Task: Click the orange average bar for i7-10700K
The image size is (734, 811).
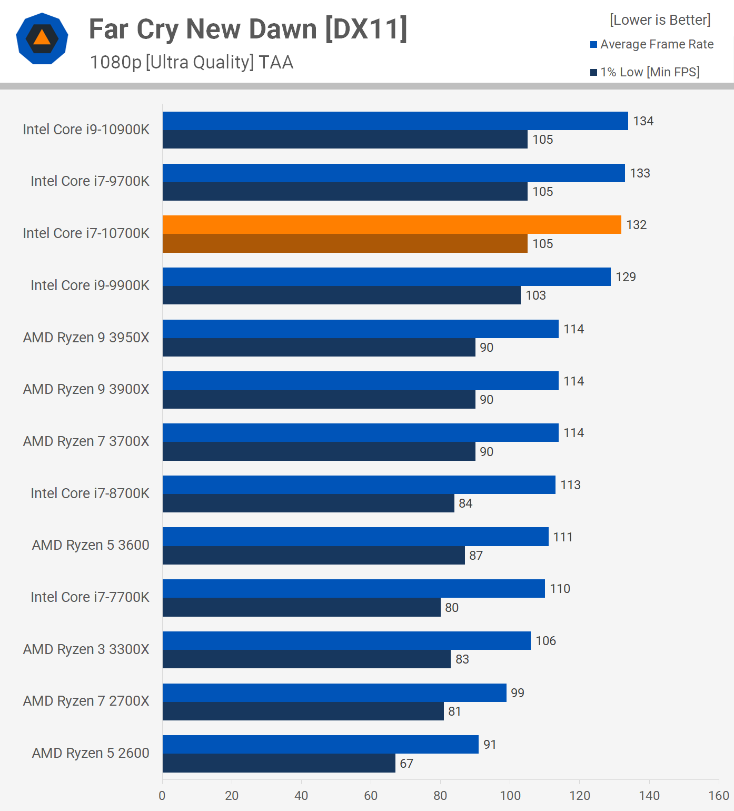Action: click(x=392, y=225)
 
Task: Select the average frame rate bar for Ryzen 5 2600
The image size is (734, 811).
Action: click(x=320, y=745)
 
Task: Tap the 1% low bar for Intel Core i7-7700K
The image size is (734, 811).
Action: click(x=301, y=607)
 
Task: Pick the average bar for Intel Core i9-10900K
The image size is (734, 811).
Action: click(x=395, y=121)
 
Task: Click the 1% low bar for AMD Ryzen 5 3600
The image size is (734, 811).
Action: click(x=313, y=556)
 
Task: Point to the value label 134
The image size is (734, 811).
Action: click(x=643, y=121)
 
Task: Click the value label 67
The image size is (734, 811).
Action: click(x=406, y=764)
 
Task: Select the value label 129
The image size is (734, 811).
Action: click(x=626, y=277)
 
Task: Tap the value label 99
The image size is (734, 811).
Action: click(x=518, y=693)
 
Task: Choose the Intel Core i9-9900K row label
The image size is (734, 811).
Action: click(x=90, y=285)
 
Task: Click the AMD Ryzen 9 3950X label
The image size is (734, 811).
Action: click(x=86, y=338)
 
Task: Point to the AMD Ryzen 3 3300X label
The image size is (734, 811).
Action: click(x=86, y=649)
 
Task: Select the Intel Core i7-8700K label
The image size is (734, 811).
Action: click(x=90, y=493)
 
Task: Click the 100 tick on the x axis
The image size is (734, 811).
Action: click(x=510, y=796)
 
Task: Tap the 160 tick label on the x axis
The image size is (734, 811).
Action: click(x=719, y=796)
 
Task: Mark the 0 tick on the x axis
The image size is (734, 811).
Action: click(x=162, y=796)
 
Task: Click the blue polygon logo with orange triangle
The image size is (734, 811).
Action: click(x=42, y=38)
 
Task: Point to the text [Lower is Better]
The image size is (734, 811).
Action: click(x=660, y=20)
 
